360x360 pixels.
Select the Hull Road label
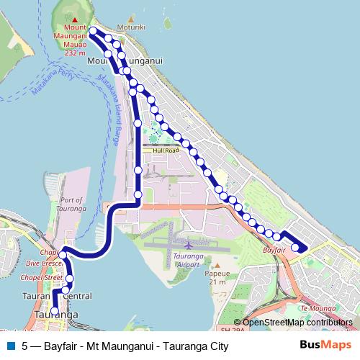pyautogui.click(x=165, y=150)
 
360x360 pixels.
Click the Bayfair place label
pyautogui.click(x=274, y=248)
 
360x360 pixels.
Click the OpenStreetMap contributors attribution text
pyautogui.click(x=297, y=323)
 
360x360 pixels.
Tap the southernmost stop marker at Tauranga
pyautogui.click(x=55, y=311)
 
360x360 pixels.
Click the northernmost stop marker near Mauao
pyautogui.click(x=93, y=30)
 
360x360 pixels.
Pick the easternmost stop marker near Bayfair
pyautogui.click(x=294, y=249)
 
